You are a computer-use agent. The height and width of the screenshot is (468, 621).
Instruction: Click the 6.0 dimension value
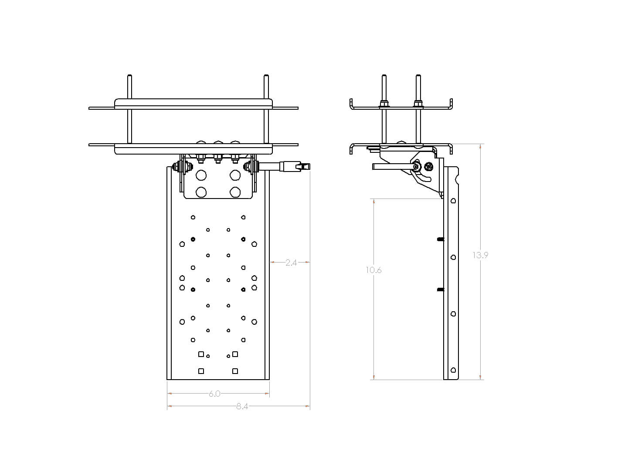(x=214, y=394)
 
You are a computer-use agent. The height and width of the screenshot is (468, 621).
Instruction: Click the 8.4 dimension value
(x=242, y=406)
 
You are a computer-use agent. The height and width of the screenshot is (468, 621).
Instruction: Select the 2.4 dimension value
(x=291, y=263)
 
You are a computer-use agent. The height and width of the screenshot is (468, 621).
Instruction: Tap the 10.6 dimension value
(x=373, y=270)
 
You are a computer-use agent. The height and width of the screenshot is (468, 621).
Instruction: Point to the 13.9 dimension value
(x=480, y=255)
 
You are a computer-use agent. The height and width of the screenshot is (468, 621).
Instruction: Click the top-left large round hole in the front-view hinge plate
(x=201, y=175)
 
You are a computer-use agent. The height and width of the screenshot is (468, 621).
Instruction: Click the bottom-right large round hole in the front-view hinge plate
(x=235, y=192)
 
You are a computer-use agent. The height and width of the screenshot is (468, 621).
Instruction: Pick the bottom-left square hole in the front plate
(x=201, y=371)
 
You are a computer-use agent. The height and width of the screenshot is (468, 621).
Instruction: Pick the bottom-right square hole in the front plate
(x=235, y=371)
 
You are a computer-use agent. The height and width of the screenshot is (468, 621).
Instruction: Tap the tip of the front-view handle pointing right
(x=310, y=166)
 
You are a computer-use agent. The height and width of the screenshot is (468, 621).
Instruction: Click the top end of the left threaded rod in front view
(x=129, y=75)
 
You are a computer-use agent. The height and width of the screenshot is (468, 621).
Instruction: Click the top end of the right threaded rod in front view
(x=266, y=75)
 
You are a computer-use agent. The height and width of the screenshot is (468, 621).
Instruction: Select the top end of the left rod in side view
(x=384, y=75)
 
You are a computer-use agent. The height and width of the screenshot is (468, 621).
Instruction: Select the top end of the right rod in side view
(x=418, y=75)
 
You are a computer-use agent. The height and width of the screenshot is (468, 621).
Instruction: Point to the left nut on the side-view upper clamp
(x=384, y=104)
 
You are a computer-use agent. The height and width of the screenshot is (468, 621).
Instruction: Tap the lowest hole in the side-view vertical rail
(x=453, y=370)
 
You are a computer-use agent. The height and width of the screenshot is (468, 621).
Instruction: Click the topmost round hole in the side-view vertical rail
(x=453, y=201)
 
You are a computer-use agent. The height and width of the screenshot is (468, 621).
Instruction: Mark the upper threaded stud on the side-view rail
(x=441, y=239)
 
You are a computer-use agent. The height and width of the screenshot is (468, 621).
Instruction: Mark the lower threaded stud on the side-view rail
(x=441, y=290)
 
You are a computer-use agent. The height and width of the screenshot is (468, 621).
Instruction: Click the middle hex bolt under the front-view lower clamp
(x=218, y=159)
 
